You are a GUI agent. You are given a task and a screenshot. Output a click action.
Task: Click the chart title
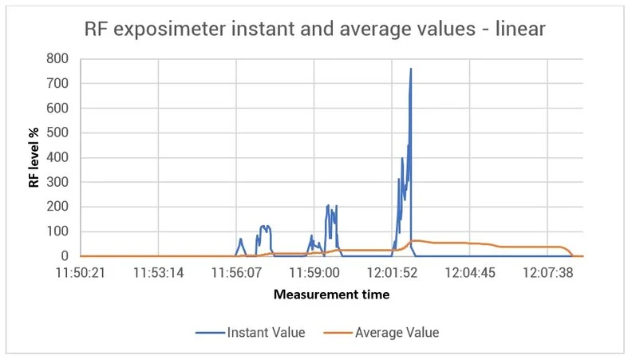tap(315, 30)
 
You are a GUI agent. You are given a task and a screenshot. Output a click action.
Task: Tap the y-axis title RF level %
tap(34, 157)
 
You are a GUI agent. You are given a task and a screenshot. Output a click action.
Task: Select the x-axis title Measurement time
tap(331, 295)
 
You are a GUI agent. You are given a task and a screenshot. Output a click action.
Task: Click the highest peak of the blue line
tap(411, 69)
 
